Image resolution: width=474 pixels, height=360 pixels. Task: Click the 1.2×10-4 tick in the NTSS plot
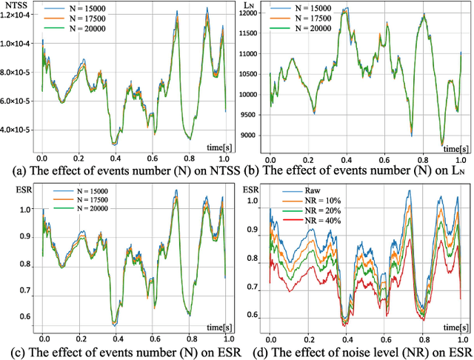click(14, 16)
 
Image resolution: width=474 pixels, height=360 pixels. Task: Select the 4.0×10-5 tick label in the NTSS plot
click(14, 129)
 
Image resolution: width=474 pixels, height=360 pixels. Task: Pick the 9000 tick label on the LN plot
click(253, 135)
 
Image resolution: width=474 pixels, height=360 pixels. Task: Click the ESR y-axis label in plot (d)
click(250, 189)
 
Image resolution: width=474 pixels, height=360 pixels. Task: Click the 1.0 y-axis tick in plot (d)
click(252, 200)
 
